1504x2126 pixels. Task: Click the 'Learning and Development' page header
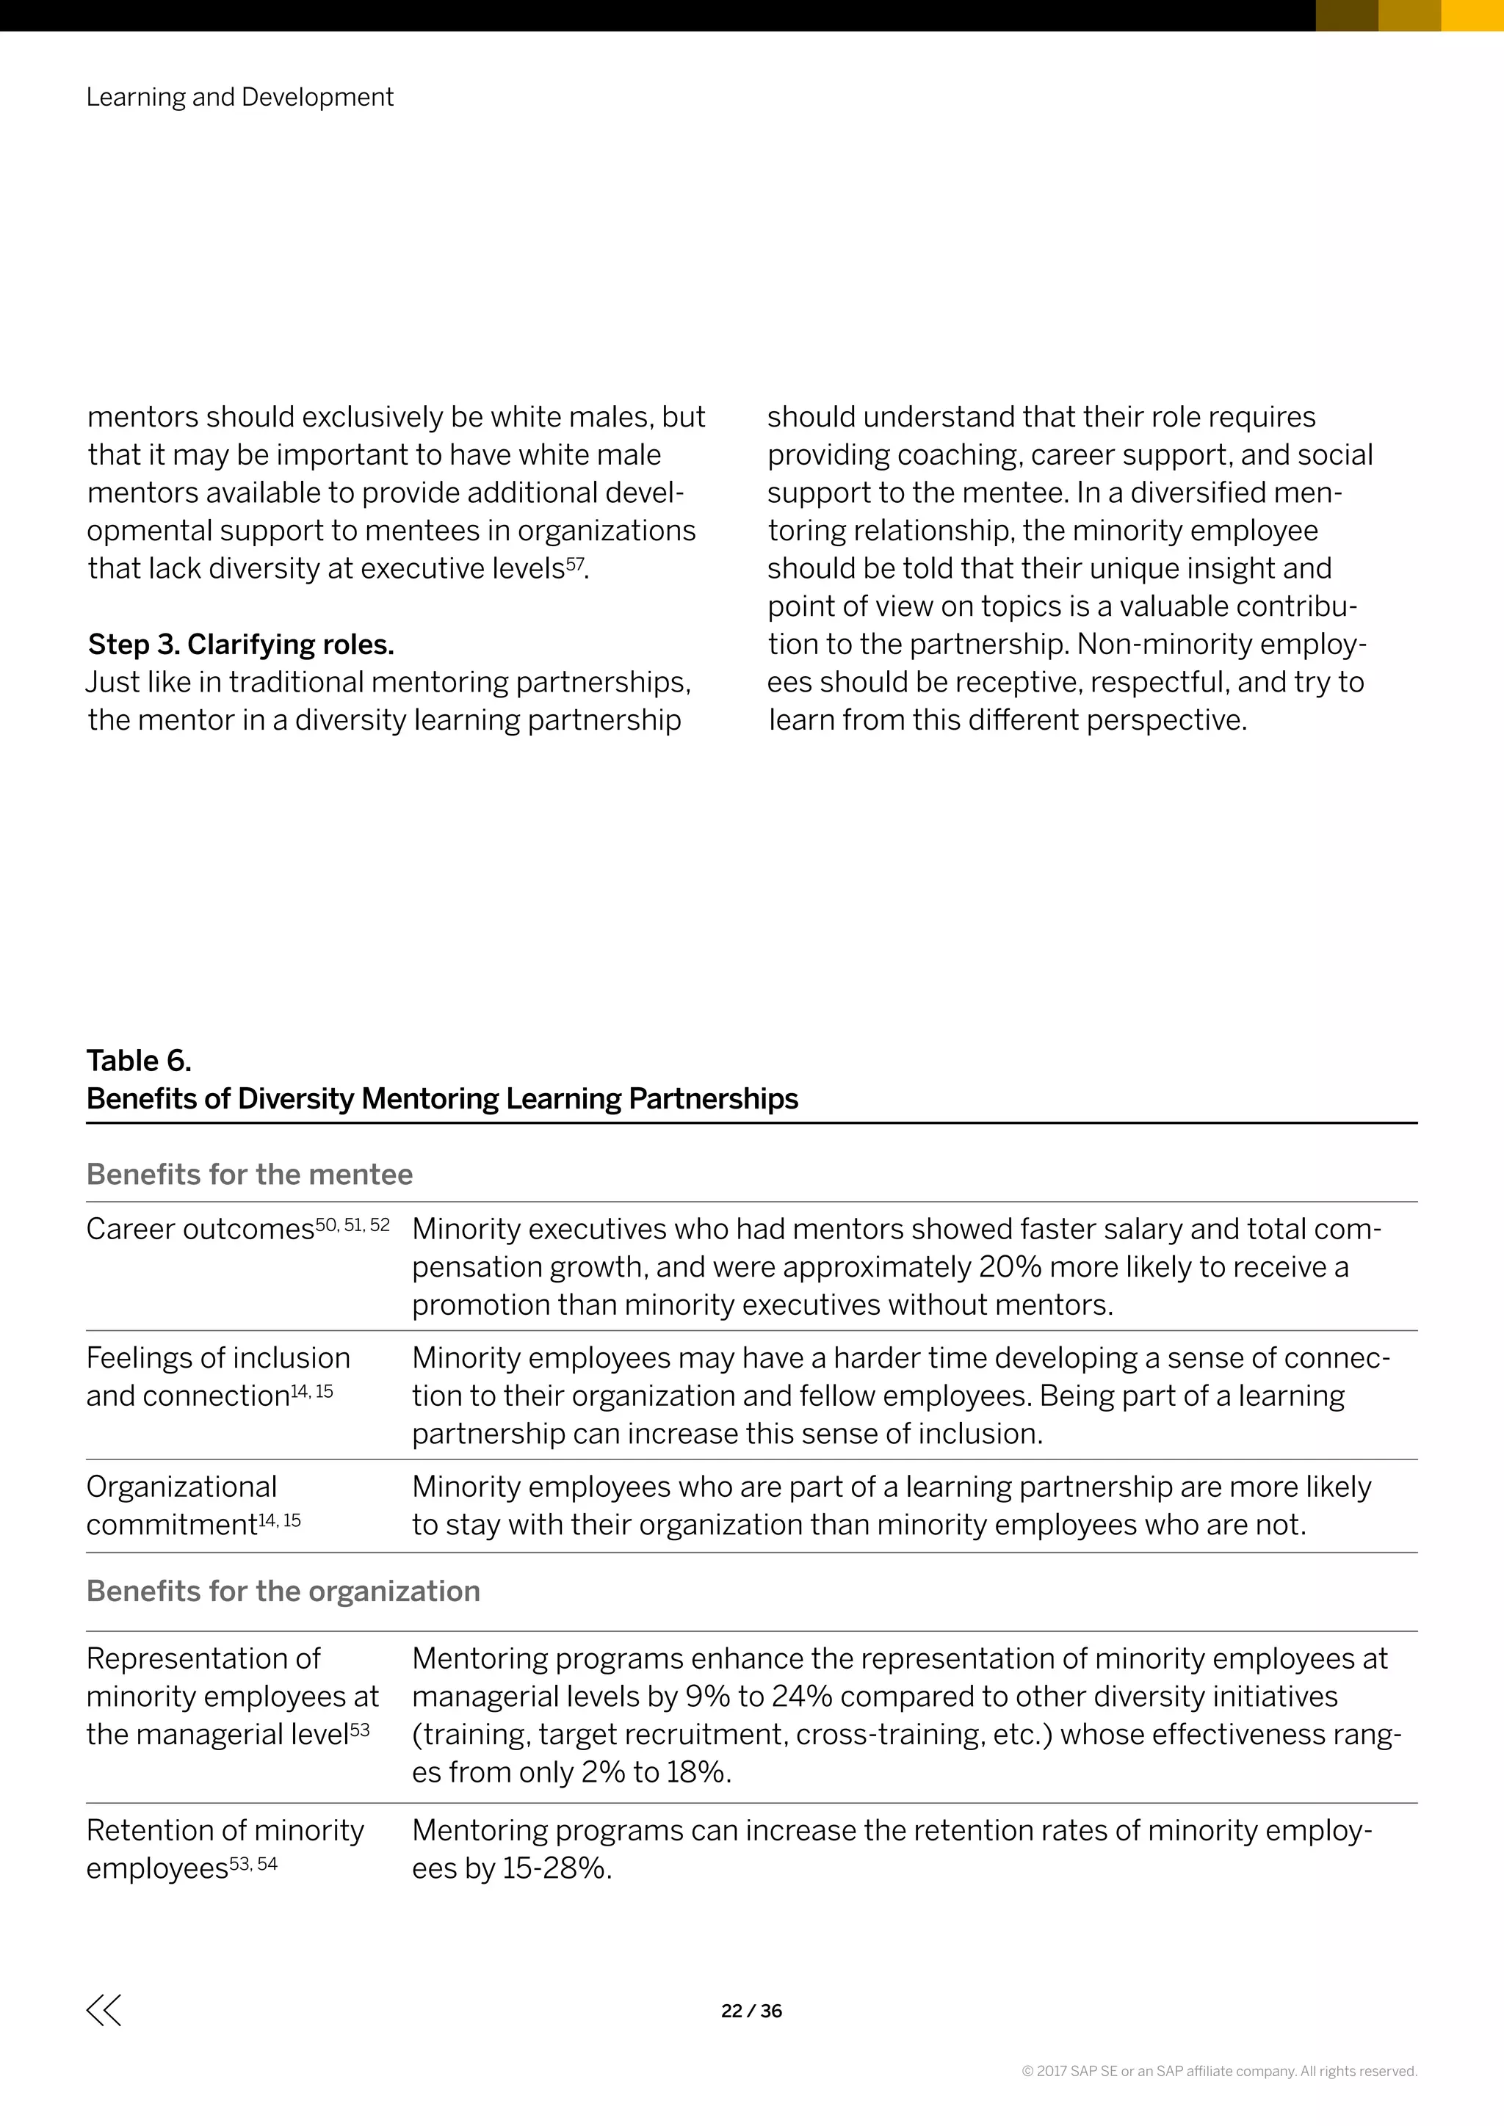[x=240, y=97]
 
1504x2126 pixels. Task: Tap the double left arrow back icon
[x=104, y=2010]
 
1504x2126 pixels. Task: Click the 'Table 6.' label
[x=139, y=1060]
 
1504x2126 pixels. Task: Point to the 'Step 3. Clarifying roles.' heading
[x=241, y=644]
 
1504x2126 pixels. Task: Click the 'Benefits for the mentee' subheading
[x=249, y=1174]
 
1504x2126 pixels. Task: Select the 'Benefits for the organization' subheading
[x=283, y=1591]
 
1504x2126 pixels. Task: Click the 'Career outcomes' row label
[x=200, y=1230]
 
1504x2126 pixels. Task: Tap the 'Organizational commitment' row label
[x=181, y=1506]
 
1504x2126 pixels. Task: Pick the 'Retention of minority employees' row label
[x=224, y=1849]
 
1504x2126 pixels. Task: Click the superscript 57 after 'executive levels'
[x=575, y=562]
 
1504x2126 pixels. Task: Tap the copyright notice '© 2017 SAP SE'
[x=1219, y=2072]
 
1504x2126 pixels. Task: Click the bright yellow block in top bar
[x=1472, y=15]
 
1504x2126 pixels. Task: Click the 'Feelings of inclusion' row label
[x=217, y=1358]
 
